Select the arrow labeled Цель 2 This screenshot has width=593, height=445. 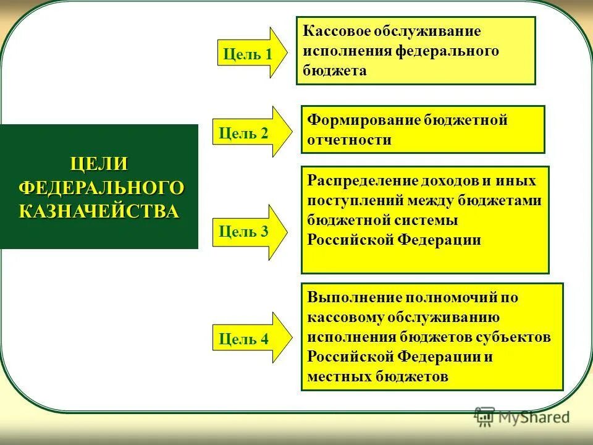pyautogui.click(x=247, y=133)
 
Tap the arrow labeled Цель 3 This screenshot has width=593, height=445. pyautogui.click(x=247, y=232)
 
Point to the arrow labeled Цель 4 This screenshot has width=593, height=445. pyautogui.click(x=247, y=338)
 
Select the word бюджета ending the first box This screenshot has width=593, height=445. pyautogui.click(x=335, y=70)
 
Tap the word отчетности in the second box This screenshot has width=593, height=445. pyautogui.click(x=349, y=140)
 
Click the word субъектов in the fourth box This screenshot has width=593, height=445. pyautogui.click(x=515, y=337)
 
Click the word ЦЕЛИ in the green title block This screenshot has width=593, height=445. pyautogui.click(x=99, y=164)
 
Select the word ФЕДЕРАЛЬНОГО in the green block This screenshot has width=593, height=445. pyautogui.click(x=101, y=187)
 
